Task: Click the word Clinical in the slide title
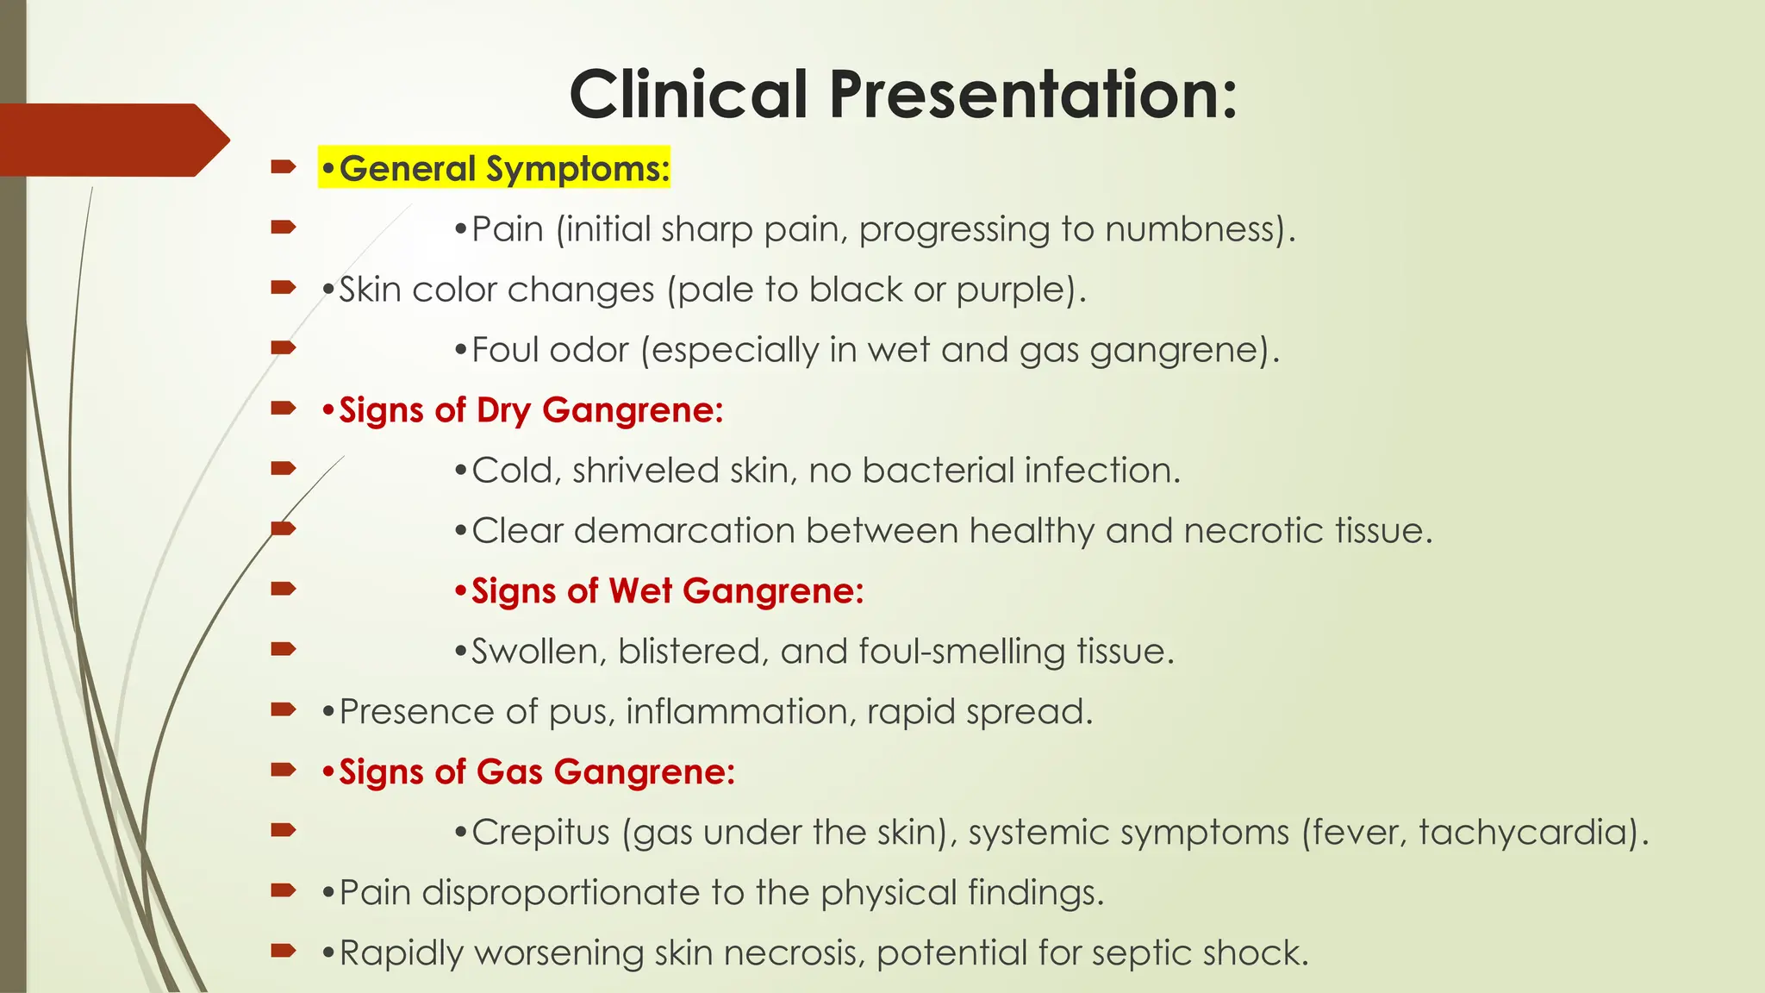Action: pos(689,95)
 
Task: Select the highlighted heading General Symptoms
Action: pos(495,168)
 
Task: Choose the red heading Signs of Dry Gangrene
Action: pos(522,410)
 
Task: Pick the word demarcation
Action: pos(684,531)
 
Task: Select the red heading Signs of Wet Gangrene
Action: pos(659,591)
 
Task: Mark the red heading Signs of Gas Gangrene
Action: pos(528,772)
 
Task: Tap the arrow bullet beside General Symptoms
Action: pos(283,166)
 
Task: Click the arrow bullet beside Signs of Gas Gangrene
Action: pos(283,770)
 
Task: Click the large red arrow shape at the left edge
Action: pos(112,140)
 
